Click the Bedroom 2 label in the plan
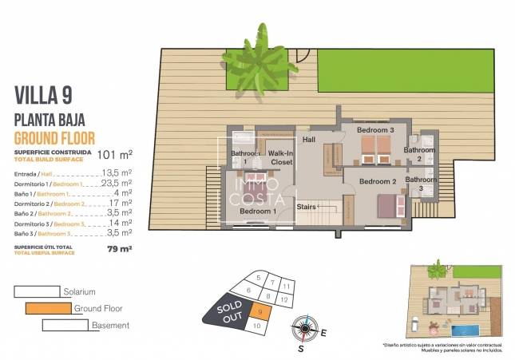click(x=378, y=182)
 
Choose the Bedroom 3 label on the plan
click(x=375, y=129)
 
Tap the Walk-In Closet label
click(x=279, y=157)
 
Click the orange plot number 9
click(x=260, y=312)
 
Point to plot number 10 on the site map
click(x=256, y=326)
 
